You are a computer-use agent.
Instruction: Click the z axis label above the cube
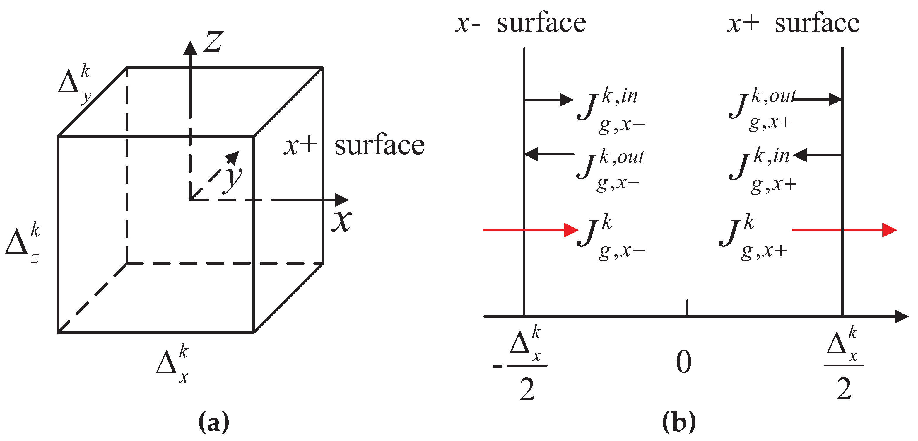click(213, 42)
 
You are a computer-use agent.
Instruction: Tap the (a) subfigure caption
click(213, 422)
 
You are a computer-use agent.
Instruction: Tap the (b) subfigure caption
click(678, 422)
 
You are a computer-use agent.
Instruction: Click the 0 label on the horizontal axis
click(683, 362)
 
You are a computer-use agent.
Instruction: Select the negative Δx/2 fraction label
click(522, 365)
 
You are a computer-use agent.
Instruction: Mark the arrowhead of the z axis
click(190, 48)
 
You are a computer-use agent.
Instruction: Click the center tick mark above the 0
click(687, 308)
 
